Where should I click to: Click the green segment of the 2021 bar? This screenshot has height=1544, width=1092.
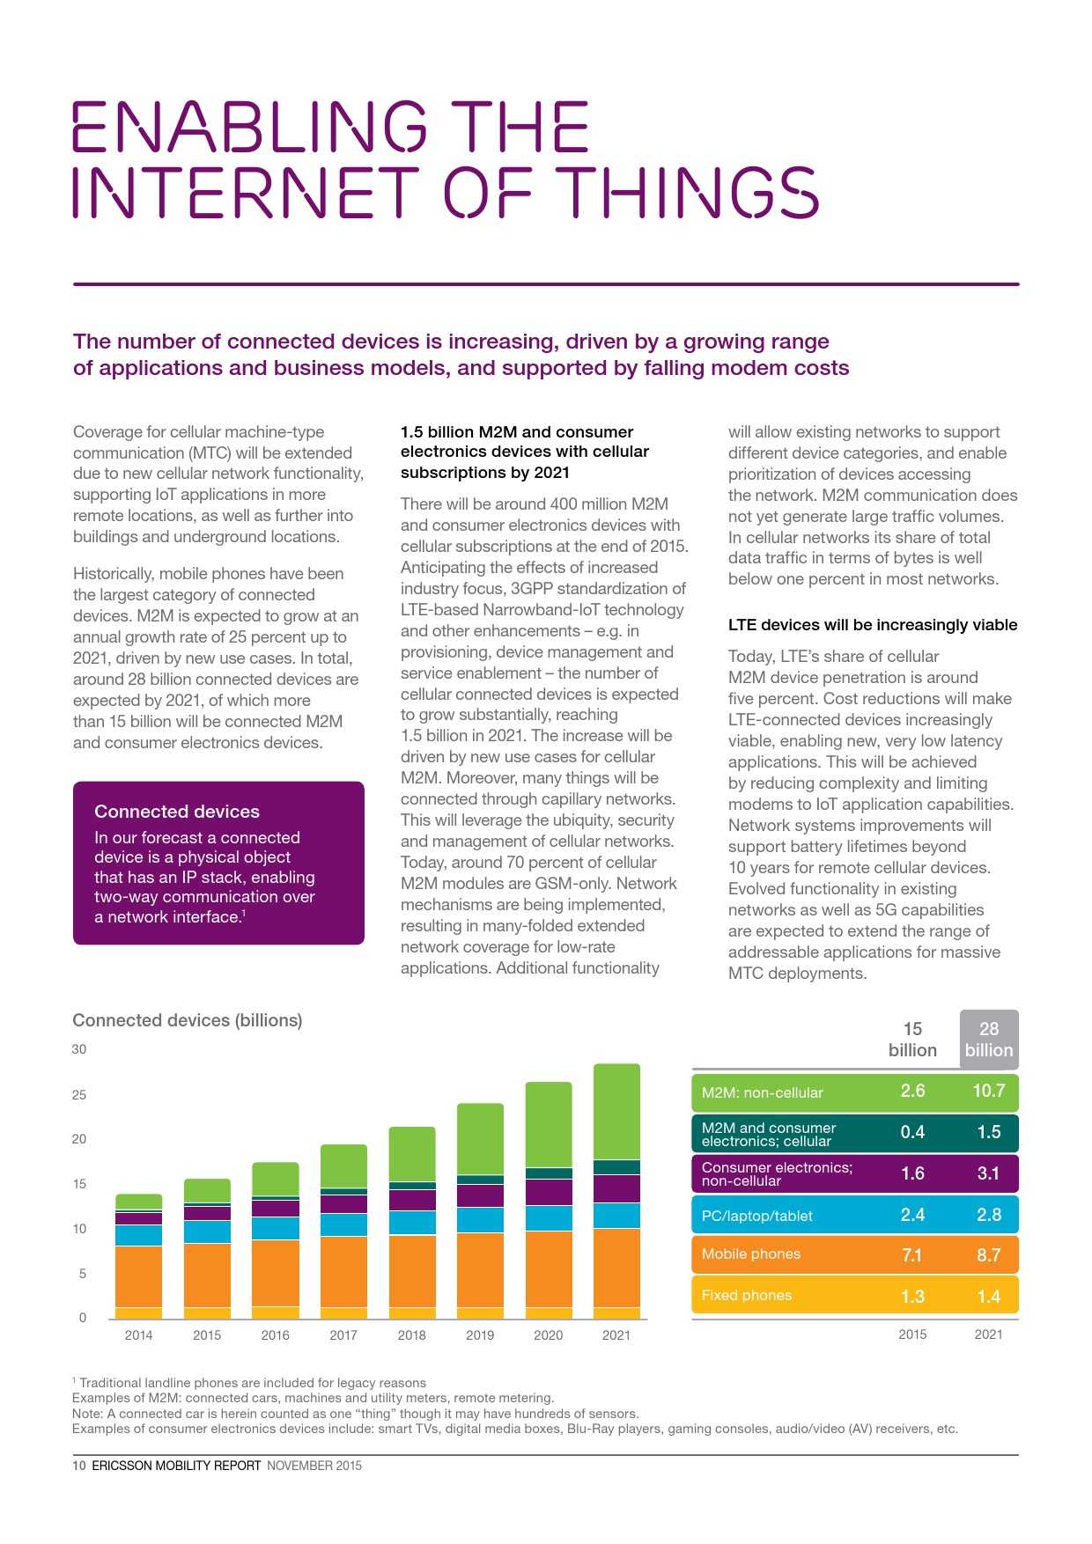(616, 1111)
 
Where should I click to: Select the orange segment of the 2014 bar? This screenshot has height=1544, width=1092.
(138, 1276)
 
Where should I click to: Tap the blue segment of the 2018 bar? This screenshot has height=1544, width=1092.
(412, 1222)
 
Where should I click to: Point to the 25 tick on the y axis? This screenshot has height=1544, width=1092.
(79, 1094)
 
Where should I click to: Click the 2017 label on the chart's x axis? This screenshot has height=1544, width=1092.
(343, 1334)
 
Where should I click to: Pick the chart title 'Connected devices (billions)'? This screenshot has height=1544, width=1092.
(187, 1020)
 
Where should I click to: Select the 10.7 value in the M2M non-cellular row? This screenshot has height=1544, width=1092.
(988, 1091)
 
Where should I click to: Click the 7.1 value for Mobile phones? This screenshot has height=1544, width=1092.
(912, 1254)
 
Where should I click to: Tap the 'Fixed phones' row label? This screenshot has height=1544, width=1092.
(746, 1295)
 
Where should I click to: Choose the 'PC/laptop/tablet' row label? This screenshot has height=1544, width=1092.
(756, 1216)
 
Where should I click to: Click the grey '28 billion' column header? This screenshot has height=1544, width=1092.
(988, 1040)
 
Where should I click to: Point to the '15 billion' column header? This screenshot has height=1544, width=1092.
(912, 1040)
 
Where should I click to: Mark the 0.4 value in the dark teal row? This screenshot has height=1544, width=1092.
(912, 1132)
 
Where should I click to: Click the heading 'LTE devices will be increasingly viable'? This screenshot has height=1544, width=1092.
(872, 625)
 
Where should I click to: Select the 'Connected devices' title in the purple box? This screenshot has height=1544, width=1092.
(177, 812)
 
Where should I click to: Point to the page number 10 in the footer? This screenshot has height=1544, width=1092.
(78, 1466)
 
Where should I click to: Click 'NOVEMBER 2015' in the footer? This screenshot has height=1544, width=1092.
(314, 1466)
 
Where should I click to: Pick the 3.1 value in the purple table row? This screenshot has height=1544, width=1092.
(988, 1173)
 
